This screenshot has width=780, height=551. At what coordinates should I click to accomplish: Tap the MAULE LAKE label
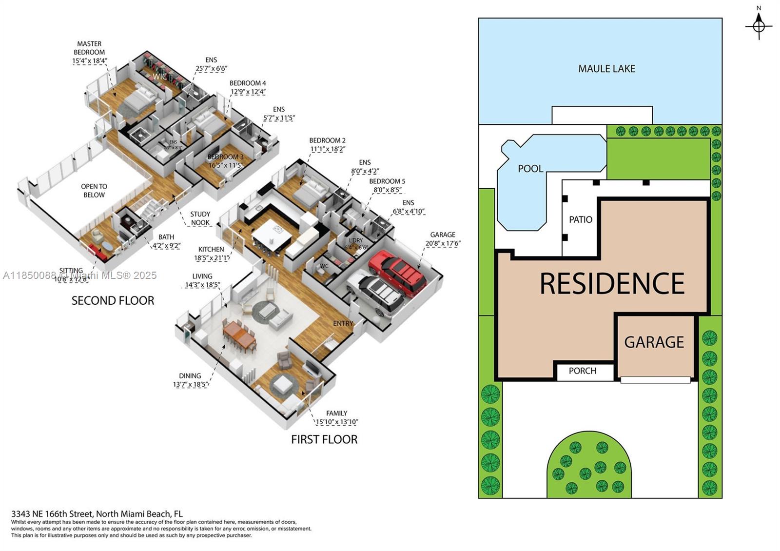pos(606,69)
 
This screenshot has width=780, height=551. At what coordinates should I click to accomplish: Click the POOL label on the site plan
pos(530,169)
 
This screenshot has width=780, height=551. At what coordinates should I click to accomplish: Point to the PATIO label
pos(581,220)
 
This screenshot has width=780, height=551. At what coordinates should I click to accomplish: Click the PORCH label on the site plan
pos(583,371)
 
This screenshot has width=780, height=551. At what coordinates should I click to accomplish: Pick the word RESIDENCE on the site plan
pos(612,284)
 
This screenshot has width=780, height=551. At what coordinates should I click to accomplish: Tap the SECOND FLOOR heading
pos(113,301)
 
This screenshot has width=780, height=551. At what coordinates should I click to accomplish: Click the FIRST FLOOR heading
pos(324,440)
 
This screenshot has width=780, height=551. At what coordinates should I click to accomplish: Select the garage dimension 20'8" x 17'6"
pos(443,243)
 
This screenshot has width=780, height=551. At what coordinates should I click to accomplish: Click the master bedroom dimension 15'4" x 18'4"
pos(89,61)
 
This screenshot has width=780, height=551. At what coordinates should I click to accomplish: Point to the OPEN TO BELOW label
pos(94,191)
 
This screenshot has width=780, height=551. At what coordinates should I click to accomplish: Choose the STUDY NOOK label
pos(200,218)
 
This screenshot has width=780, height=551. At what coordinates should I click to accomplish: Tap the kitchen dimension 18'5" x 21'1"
pos(211,258)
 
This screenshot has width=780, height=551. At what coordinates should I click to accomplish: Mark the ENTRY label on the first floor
pos(343,323)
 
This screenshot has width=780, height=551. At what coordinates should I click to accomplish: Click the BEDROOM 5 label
pos(387,181)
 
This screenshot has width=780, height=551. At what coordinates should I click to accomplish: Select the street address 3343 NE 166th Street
pos(97,513)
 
